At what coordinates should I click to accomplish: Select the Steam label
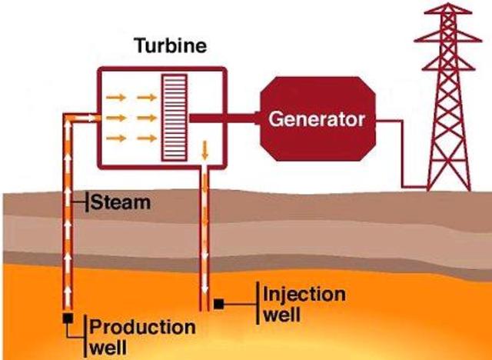click(x=120, y=204)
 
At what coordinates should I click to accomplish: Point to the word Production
click(x=143, y=327)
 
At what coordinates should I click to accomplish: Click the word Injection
click(x=304, y=295)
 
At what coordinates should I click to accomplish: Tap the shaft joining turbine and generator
click(x=223, y=118)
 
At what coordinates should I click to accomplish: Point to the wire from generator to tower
click(x=400, y=154)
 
